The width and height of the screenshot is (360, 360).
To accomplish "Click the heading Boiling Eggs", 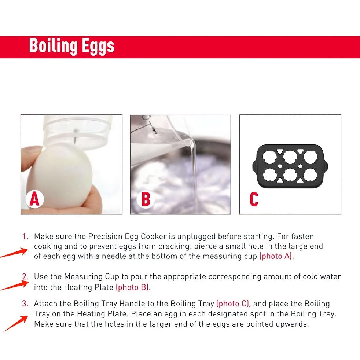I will [x=71, y=47].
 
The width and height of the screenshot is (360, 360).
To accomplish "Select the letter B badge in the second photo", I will [x=145, y=200].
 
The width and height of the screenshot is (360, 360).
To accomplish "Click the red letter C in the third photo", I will [x=254, y=199].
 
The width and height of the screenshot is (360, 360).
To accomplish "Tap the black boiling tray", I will [x=290, y=163].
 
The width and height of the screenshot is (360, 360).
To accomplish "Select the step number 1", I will [x=25, y=236].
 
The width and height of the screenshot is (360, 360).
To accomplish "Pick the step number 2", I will [x=25, y=276].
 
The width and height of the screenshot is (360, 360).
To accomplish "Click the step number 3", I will [x=25, y=304].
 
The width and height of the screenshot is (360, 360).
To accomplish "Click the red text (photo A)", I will [x=276, y=256].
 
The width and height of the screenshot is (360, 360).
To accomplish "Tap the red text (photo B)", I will [x=133, y=287].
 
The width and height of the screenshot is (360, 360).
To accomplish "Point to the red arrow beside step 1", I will [x=15, y=253].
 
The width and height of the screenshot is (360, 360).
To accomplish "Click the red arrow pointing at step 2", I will [x=15, y=284].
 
